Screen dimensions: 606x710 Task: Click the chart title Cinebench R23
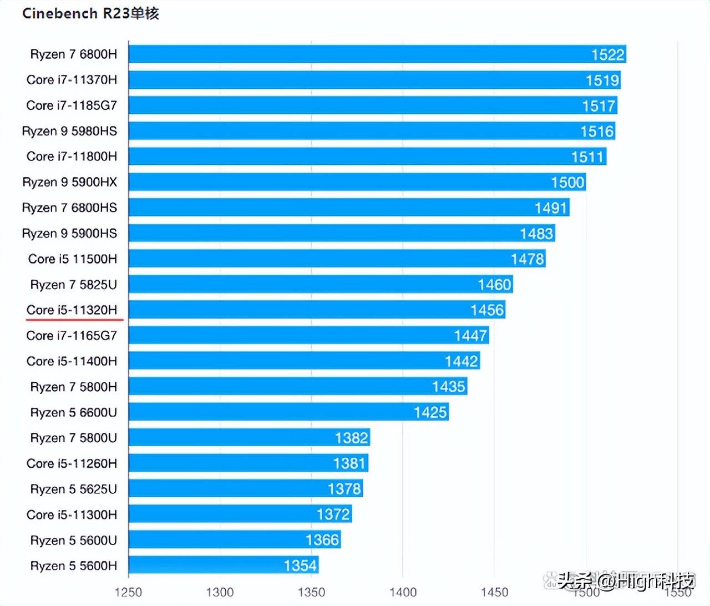(x=90, y=13)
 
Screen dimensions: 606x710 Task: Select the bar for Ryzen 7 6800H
(x=377, y=54)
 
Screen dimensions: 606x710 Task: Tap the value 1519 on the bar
(x=602, y=80)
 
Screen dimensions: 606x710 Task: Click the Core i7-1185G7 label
(x=72, y=105)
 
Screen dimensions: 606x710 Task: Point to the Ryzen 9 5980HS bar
(x=372, y=131)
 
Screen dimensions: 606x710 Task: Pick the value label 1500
(x=567, y=183)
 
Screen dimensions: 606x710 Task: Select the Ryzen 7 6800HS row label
(x=69, y=208)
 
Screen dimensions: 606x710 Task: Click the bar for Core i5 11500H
(x=337, y=259)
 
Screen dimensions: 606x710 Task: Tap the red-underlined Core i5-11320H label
(x=72, y=310)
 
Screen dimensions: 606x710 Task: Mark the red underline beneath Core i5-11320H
(x=74, y=320)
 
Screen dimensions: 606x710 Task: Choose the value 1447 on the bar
(x=470, y=336)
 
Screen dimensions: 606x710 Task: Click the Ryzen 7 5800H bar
(x=297, y=386)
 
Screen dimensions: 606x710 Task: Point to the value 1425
(x=430, y=412)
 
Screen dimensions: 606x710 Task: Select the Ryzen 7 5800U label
(x=73, y=438)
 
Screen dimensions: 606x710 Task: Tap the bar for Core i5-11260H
(x=248, y=463)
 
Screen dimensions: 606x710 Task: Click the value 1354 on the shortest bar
(x=300, y=565)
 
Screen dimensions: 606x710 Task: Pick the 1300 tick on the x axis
(x=220, y=592)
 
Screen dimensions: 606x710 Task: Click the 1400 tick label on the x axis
(x=403, y=592)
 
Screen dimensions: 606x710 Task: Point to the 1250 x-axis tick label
(x=128, y=592)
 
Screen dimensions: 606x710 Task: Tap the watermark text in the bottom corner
(x=626, y=581)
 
